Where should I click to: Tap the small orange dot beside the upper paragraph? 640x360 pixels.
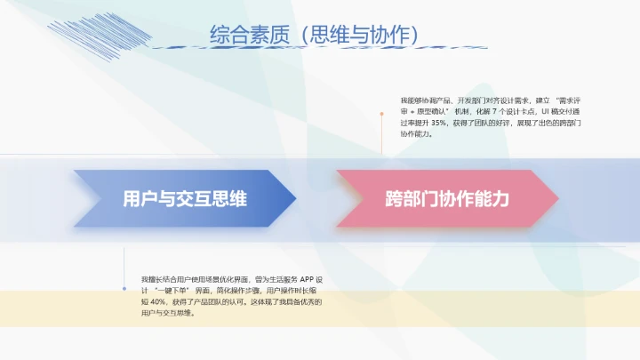coord(382,114)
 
